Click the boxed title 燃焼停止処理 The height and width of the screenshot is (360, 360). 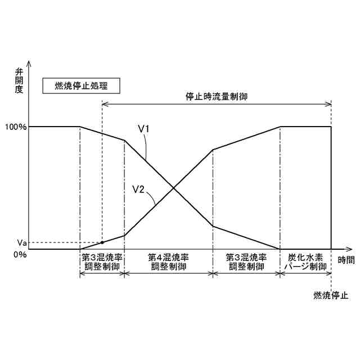[x=80, y=86]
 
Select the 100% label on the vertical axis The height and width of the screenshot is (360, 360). [x=15, y=127]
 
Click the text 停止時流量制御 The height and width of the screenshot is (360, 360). [x=217, y=96]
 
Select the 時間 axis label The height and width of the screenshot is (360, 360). [x=346, y=260]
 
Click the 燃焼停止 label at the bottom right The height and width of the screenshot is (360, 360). [x=331, y=295]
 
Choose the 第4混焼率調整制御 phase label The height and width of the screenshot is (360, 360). [x=168, y=262]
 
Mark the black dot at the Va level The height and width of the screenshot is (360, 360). [x=102, y=242]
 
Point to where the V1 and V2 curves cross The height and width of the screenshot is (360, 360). [x=173, y=188]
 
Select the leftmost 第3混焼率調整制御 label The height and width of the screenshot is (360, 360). [x=102, y=262]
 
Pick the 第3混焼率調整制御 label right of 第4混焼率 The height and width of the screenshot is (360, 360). [x=246, y=262]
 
